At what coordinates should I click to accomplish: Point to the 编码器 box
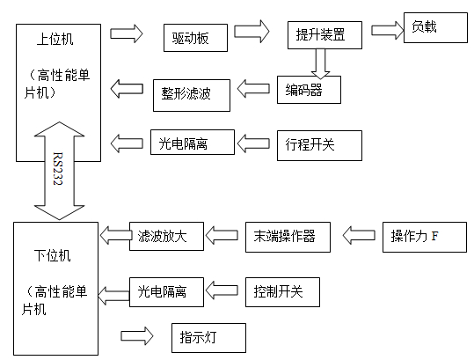coord(307,88)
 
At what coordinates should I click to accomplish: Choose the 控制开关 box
coord(278,290)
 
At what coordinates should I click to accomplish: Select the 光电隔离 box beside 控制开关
coord(167,289)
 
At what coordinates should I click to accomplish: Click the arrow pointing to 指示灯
coord(136,336)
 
